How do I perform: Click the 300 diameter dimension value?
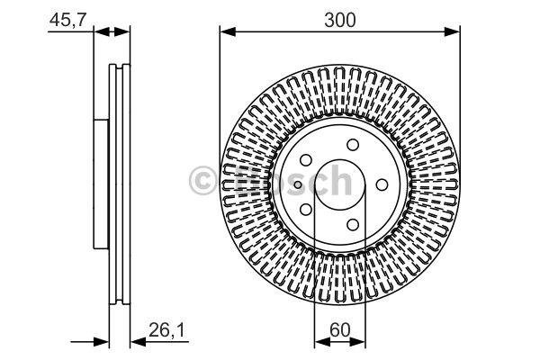[339, 20]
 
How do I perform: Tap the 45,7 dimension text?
[67, 20]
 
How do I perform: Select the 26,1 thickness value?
[166, 330]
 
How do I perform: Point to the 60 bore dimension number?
[339, 330]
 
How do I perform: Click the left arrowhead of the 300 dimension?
[228, 32]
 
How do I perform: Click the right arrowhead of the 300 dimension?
[452, 32]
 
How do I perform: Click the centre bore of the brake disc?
[340, 184]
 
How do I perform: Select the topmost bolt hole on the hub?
[353, 145]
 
